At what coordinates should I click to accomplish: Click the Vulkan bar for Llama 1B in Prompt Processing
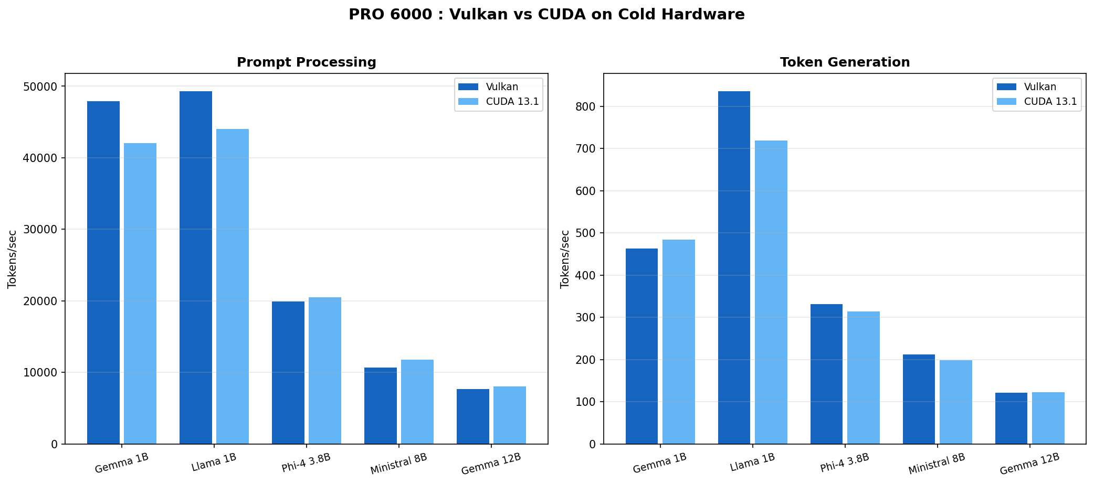(x=195, y=267)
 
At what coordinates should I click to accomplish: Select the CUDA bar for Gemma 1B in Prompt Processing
(x=140, y=294)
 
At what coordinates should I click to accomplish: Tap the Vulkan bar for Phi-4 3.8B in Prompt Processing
(x=288, y=372)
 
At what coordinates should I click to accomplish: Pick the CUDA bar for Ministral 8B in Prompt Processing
(x=417, y=402)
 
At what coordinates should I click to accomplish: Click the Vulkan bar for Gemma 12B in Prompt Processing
(x=472, y=416)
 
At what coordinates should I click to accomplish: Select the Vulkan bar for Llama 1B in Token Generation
(x=734, y=267)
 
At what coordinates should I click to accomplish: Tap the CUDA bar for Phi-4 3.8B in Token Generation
(x=863, y=378)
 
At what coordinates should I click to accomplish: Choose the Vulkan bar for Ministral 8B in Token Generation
(x=919, y=399)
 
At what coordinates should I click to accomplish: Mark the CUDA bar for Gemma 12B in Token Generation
(x=1048, y=418)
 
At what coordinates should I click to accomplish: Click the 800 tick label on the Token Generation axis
(x=585, y=107)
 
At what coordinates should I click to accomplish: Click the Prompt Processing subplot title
(x=306, y=62)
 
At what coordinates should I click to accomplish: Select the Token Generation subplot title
(x=845, y=62)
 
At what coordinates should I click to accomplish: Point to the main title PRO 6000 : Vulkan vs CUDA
(x=546, y=15)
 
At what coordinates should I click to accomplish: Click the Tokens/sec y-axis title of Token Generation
(x=565, y=259)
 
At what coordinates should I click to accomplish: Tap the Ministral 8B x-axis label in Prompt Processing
(x=399, y=464)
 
